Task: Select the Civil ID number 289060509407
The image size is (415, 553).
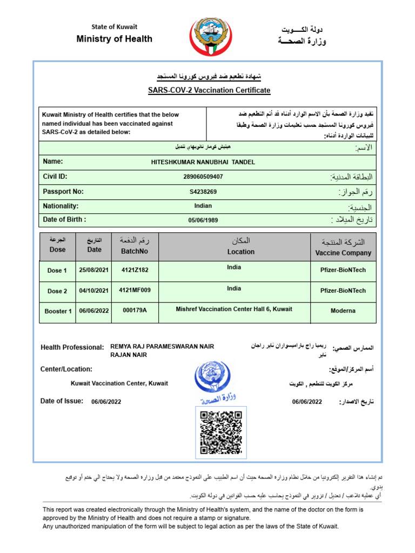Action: tap(203, 177)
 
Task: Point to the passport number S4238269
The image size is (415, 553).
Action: tap(203, 192)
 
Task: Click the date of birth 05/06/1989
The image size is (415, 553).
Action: tap(203, 220)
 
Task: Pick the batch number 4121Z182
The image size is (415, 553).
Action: tap(135, 269)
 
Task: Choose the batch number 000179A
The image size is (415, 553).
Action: tap(135, 311)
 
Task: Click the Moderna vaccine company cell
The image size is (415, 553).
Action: tap(343, 311)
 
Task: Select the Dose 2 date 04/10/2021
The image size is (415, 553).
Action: tap(94, 291)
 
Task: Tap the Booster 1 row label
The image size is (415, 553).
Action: tap(58, 311)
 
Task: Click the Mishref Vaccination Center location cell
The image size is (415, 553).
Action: tap(234, 309)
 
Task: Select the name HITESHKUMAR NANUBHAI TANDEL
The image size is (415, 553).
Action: tap(203, 162)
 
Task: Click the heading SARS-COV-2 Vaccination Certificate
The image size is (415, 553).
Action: tap(209, 91)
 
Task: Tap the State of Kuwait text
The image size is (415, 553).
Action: tap(114, 26)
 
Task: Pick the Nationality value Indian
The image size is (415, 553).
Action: tap(203, 206)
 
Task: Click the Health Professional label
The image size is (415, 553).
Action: tap(72, 347)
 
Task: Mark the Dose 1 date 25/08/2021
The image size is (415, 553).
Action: tap(94, 270)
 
